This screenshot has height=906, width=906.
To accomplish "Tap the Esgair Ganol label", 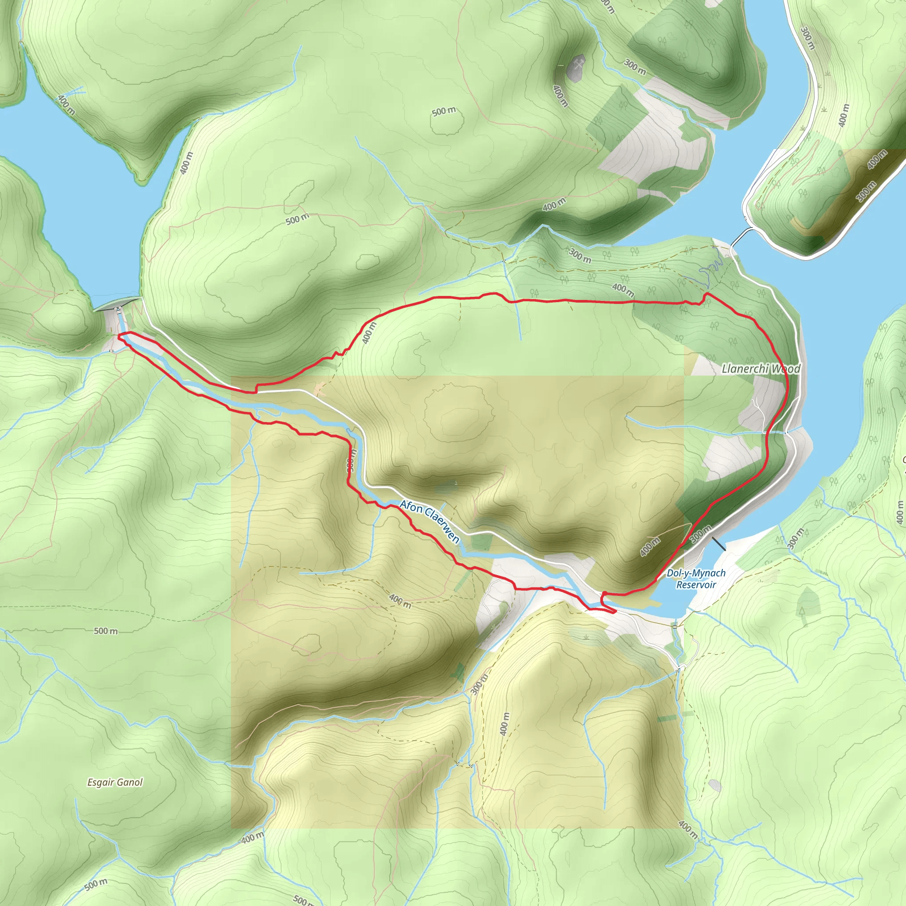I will (x=115, y=782).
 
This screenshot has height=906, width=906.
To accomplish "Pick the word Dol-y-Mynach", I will (x=696, y=573).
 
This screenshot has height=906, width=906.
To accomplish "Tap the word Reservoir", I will (x=696, y=585).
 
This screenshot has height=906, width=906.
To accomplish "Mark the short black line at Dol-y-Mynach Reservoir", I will (x=718, y=544).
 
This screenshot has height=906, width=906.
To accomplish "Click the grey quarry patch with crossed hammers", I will (x=576, y=67).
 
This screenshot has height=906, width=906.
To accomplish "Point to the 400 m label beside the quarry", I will (x=560, y=96).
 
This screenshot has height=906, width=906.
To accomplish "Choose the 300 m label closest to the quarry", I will (x=635, y=68).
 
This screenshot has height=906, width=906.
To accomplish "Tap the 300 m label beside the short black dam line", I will (x=701, y=534).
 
